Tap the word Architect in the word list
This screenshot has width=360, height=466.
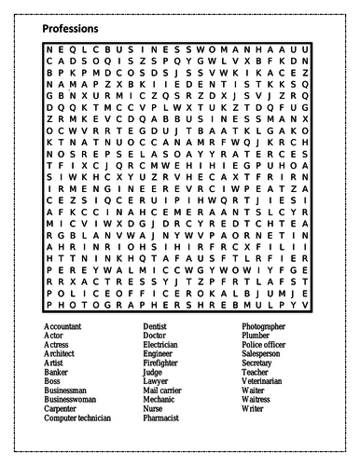tap(61, 355)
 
